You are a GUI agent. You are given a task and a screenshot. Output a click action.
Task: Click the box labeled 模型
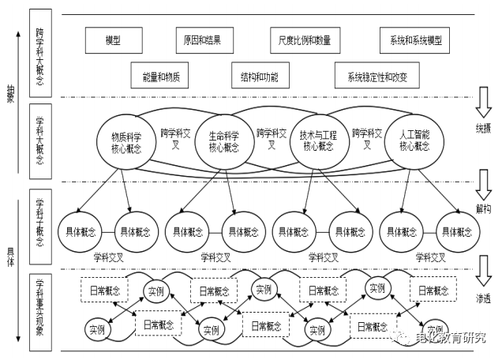[x=114, y=40]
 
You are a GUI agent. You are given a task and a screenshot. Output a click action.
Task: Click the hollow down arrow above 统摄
[x=483, y=101]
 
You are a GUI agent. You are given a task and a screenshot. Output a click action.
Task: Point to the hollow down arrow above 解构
[x=483, y=186]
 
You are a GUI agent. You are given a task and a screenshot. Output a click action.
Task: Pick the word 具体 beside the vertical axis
[x=10, y=252]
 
